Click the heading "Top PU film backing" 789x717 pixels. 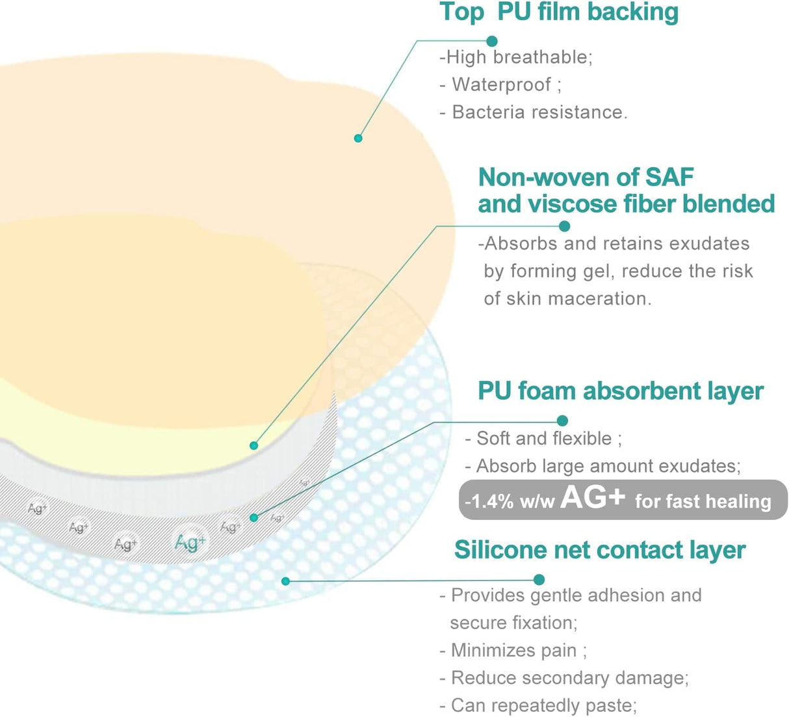pos(558,12)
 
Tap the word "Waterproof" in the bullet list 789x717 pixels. pos(502,85)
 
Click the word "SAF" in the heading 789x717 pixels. pos(669,177)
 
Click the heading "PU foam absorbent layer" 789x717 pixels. pos(621,391)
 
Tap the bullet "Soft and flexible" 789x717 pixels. pos(543,439)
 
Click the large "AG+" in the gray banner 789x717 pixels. pos(593,498)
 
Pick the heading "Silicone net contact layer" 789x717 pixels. pos(599,550)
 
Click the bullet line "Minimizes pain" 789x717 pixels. pos(513,651)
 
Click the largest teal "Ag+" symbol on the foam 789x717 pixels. pos(190,541)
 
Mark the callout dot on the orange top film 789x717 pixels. pos(358,138)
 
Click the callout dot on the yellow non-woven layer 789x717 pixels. pos(254,445)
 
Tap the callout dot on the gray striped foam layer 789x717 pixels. pos(254,517)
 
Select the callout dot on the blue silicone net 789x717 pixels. pos(286,580)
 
